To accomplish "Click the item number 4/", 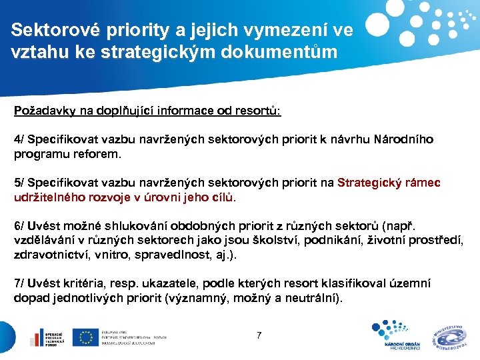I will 20,140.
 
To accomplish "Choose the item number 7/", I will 20,283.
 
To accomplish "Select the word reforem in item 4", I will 98,154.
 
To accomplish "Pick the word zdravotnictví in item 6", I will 50,255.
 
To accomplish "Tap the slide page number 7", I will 259,335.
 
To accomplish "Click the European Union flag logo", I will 85,337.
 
